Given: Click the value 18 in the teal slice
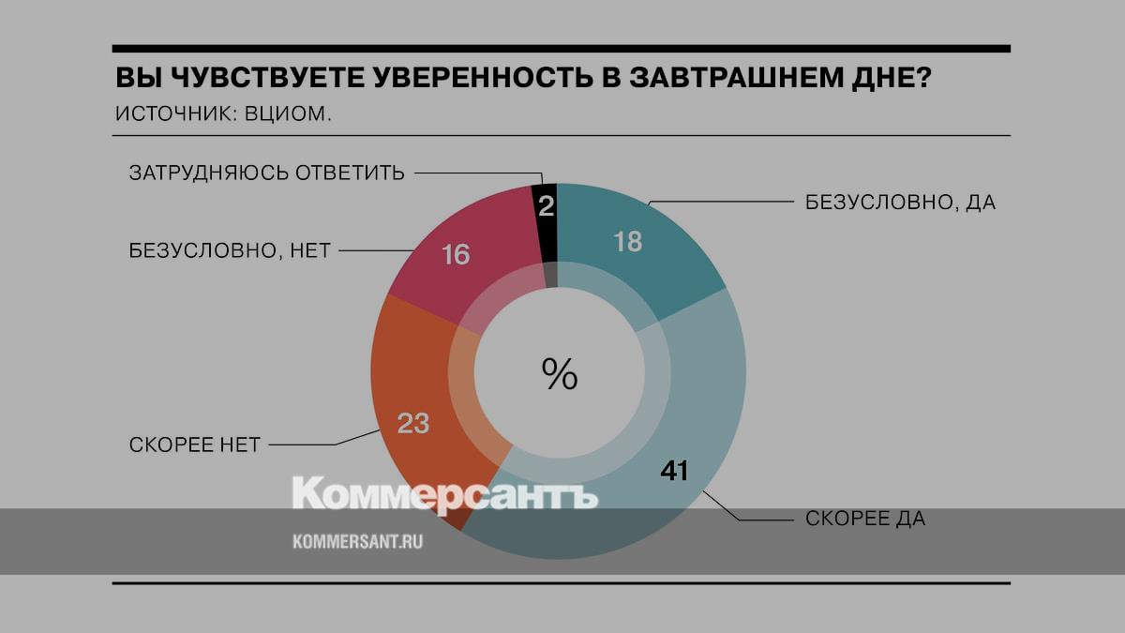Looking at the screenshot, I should (627, 242).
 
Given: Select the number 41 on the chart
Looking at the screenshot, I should (675, 471).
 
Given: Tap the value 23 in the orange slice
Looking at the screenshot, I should (412, 424).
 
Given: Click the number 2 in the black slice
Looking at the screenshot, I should (546, 206).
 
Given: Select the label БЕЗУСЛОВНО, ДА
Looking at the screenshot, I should (900, 203).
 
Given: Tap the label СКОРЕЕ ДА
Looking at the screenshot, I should (865, 519).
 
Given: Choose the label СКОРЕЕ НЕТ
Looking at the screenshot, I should (194, 445).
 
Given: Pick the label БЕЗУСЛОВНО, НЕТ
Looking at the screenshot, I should (230, 251).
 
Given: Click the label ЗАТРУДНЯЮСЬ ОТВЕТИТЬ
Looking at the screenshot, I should (267, 173).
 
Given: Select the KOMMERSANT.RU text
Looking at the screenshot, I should (358, 542).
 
